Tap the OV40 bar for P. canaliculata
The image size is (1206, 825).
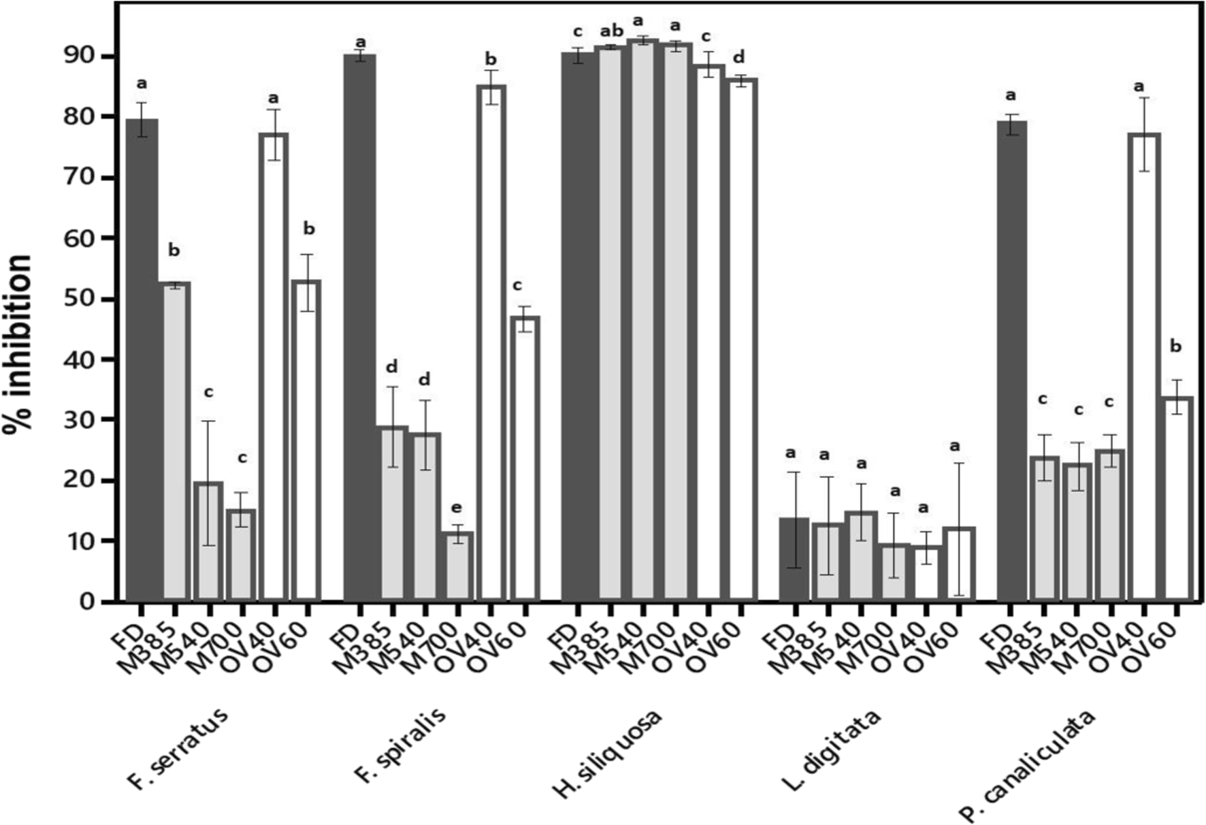(1144, 367)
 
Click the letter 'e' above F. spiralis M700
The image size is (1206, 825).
(456, 508)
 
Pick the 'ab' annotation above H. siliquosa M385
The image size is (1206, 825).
(611, 31)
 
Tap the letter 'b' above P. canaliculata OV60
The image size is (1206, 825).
(1175, 346)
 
